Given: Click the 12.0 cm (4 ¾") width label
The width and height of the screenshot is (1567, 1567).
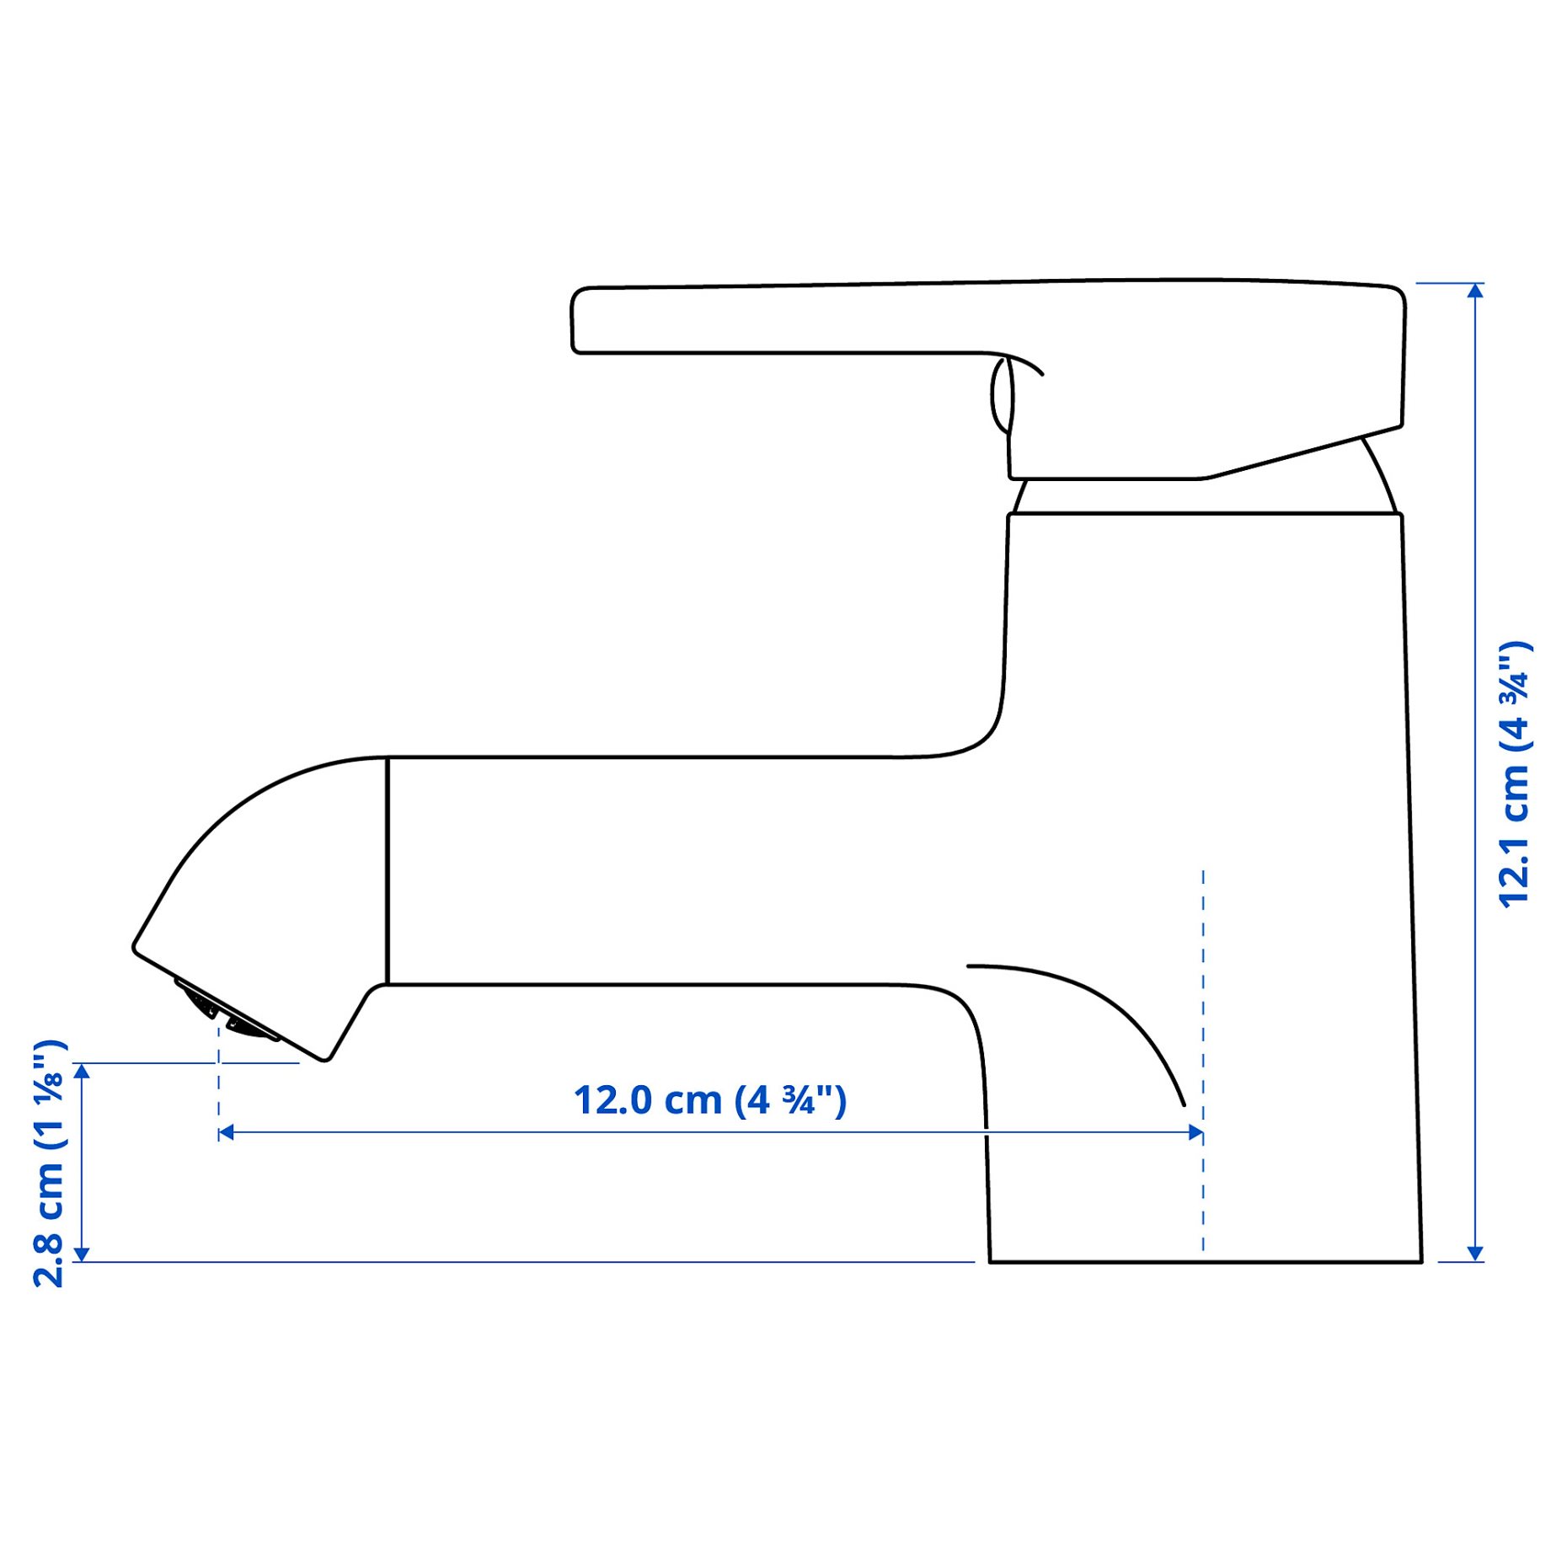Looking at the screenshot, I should (709, 1101).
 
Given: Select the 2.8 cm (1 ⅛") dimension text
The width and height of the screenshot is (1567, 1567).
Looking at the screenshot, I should (48, 1163).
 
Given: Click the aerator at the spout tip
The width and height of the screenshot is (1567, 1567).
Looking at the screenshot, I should (225, 1013).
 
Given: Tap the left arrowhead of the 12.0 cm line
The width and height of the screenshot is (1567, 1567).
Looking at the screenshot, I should (226, 1133).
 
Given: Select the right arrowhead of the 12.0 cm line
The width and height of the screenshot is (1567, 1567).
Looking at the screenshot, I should (1195, 1133).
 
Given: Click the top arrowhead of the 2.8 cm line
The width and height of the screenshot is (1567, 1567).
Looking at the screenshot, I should (82, 1072).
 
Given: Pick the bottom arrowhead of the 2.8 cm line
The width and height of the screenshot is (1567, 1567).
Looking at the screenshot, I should (82, 1254).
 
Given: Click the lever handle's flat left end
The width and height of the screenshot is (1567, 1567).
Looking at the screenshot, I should (573, 321).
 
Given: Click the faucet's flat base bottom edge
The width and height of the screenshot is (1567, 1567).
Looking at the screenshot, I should (1205, 1262).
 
